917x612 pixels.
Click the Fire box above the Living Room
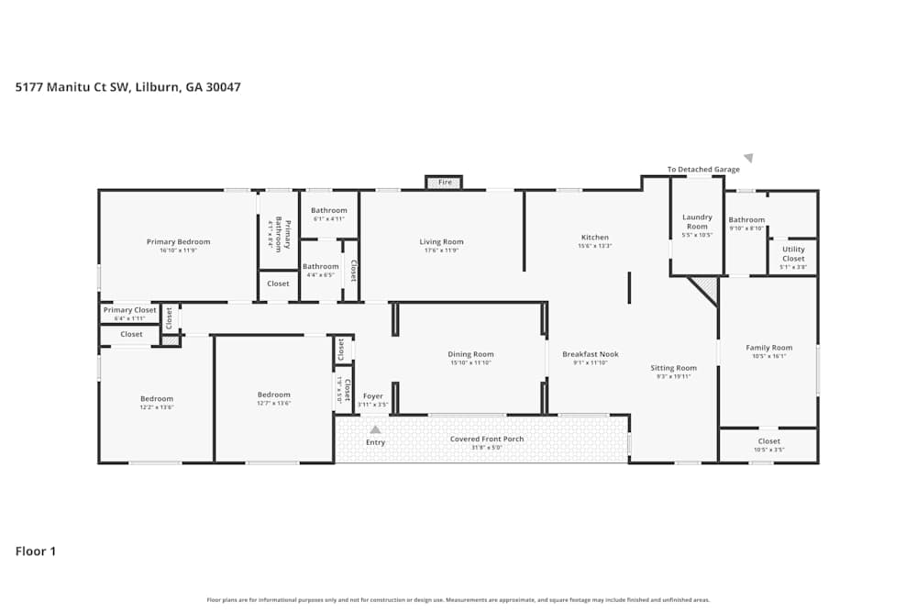tap(445, 183)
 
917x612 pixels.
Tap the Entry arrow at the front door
tap(375, 428)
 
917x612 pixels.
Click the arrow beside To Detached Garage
tap(748, 158)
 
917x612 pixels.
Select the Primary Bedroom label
tap(178, 242)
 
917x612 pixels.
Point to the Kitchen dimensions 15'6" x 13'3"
tap(594, 247)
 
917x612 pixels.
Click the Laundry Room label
tap(697, 222)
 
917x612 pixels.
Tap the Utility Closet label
tap(793, 254)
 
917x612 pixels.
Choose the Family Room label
tap(768, 348)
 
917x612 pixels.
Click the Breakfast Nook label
tap(591, 354)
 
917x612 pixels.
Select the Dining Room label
tap(470, 354)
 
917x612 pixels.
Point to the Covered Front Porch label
tap(487, 439)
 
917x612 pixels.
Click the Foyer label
tap(373, 396)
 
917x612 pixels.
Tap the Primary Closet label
tap(129, 310)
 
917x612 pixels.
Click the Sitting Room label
tap(674, 368)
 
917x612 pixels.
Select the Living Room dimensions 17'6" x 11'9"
tap(441, 250)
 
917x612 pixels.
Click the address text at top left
tap(128, 87)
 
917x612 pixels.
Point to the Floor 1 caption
tap(36, 551)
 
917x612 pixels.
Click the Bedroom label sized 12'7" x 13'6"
tap(273, 395)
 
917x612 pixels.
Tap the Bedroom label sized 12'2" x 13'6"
tap(157, 399)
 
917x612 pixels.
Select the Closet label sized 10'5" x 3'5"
tap(768, 441)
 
